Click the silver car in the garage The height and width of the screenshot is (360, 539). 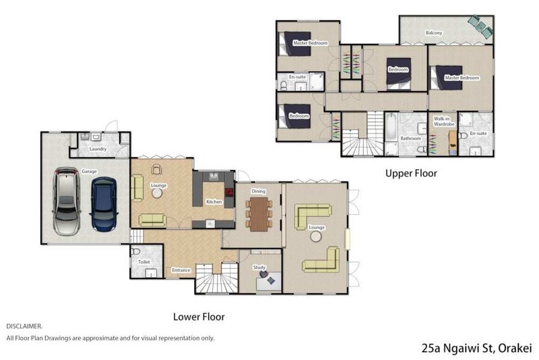coord(67,202)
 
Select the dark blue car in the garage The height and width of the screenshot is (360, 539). coord(104,204)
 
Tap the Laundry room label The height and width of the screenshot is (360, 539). coord(98,149)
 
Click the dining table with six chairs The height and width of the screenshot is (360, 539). coord(259,214)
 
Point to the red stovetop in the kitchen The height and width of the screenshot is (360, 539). coord(229,192)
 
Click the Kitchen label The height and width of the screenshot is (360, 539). coord(214,202)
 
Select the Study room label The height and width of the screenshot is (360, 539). coord(259,267)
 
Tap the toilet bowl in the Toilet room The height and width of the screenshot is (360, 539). coord(135,251)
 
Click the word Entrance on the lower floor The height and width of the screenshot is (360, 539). coord(181,270)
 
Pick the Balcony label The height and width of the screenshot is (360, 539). coord(434,33)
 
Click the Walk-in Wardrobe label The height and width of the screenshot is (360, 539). coord(444,121)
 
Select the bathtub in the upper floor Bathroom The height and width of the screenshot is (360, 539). coord(391,127)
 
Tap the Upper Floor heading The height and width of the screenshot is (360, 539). coord(411,173)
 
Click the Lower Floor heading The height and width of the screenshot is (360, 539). coord(199,317)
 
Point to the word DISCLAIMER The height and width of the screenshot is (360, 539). coord(24,326)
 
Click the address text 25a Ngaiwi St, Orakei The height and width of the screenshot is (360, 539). coord(477,348)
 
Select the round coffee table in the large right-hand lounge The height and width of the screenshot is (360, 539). coord(315,237)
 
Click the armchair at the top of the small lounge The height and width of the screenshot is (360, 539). coord(156,169)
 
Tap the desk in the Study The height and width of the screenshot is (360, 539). coord(269,281)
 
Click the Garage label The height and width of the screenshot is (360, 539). coord(89,171)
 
